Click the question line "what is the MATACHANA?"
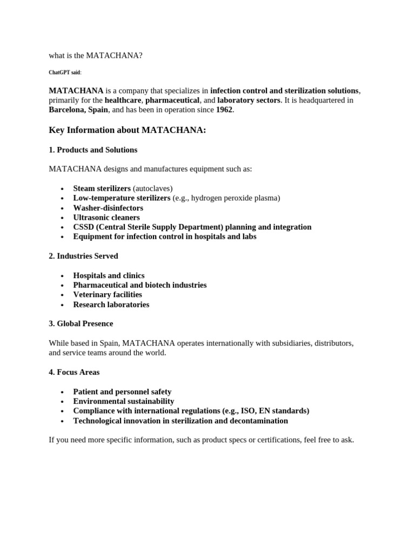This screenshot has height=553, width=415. (x=96, y=55)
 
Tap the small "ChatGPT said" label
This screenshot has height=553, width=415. (x=65, y=72)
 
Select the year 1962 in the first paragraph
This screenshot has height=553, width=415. (x=224, y=110)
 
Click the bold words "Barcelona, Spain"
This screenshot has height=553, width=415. (x=78, y=110)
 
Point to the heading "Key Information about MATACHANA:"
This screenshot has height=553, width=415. (x=128, y=130)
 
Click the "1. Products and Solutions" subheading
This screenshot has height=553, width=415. (x=93, y=150)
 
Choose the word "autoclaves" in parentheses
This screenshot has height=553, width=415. (x=153, y=188)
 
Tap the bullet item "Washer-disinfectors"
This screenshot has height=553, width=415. (x=108, y=208)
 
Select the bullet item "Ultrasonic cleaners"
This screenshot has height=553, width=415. (x=106, y=218)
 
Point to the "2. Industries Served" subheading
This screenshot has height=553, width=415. (x=83, y=256)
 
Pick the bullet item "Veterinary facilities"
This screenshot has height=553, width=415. (x=108, y=295)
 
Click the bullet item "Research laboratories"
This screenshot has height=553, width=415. (x=111, y=305)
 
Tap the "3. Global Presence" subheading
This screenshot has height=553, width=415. (x=81, y=324)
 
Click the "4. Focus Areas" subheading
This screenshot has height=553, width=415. (x=74, y=372)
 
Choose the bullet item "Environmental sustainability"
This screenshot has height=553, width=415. (x=124, y=401)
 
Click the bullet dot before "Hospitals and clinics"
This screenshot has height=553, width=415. (x=63, y=276)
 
